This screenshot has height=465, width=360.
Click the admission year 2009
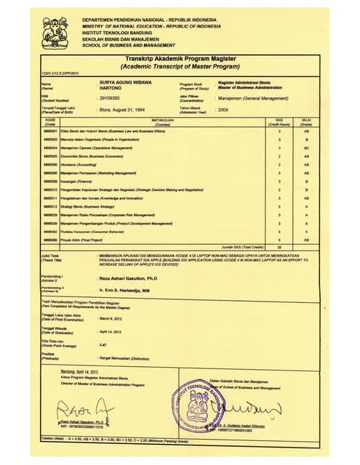coord(223,110)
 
